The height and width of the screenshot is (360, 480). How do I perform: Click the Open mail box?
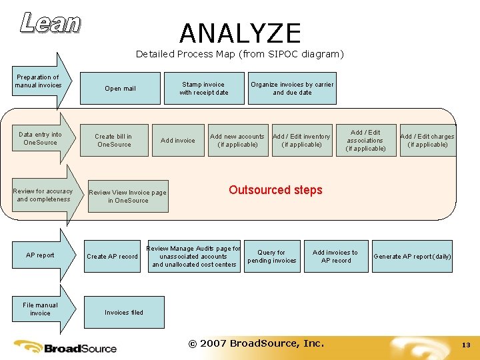pyautogui.click(x=121, y=89)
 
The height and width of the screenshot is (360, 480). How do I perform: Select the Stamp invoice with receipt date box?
pyautogui.click(x=203, y=89)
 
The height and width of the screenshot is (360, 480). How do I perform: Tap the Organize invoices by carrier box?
pyautogui.click(x=292, y=89)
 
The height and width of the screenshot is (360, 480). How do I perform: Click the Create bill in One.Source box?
pyautogui.click(x=113, y=140)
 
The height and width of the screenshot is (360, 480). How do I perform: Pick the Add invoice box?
pyautogui.click(x=178, y=140)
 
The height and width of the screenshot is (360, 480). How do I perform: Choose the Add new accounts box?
pyautogui.click(x=237, y=140)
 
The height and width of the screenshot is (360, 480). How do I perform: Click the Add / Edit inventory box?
pyautogui.click(x=301, y=140)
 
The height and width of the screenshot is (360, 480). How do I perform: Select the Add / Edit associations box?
pyautogui.click(x=365, y=140)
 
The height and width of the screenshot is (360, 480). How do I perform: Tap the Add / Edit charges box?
pyautogui.click(x=427, y=140)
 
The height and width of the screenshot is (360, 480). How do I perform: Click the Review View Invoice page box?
pyautogui.click(x=128, y=196)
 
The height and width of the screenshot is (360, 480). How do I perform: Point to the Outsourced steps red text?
pyautogui.click(x=275, y=190)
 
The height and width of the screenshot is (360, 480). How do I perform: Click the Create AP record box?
pyautogui.click(x=112, y=256)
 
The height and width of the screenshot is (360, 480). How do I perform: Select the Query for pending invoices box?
pyautogui.click(x=271, y=256)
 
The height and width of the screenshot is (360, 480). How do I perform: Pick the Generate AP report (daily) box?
pyautogui.click(x=412, y=256)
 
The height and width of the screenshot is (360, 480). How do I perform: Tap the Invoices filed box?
pyautogui.click(x=123, y=312)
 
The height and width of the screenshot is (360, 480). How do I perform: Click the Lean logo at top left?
pyautogui.click(x=50, y=23)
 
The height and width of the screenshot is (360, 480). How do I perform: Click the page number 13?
pyautogui.click(x=466, y=345)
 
